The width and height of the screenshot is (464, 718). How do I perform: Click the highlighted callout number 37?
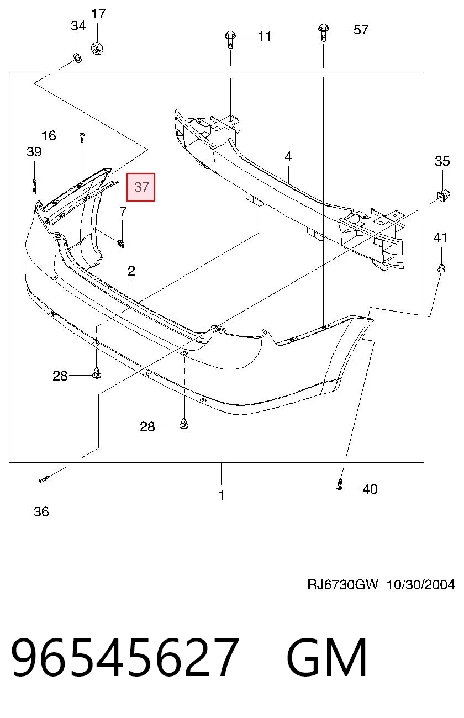[141, 187]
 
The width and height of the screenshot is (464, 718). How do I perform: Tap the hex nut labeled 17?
[97, 48]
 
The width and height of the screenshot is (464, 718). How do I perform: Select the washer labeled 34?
[77, 58]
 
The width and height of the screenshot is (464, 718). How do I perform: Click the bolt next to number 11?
[230, 39]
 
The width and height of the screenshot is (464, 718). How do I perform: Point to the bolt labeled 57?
[323, 33]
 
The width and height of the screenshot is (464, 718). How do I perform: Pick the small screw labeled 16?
[82, 138]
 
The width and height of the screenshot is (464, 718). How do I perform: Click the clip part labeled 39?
[34, 187]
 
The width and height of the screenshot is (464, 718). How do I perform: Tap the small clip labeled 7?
[122, 244]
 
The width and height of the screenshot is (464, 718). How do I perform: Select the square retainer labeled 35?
[443, 195]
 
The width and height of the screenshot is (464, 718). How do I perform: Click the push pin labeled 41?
[441, 268]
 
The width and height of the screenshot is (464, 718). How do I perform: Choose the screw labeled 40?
[339, 485]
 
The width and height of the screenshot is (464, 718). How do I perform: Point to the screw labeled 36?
[43, 479]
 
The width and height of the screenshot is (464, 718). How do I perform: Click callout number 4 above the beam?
[288, 157]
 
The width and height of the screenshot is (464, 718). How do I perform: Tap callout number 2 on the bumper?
[131, 271]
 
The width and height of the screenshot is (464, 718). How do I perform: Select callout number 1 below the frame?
[222, 495]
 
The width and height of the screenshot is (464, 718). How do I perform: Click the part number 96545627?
[125, 657]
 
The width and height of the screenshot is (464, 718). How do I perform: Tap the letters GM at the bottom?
[326, 657]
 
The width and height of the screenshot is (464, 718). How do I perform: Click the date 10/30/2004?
[420, 585]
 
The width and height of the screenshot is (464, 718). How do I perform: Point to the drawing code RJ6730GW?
[343, 585]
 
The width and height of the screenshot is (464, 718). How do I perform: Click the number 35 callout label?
[442, 161]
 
